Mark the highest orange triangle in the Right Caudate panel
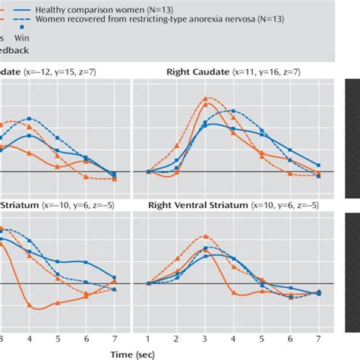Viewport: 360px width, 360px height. (205, 98)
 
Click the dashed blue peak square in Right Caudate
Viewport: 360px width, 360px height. (233, 112)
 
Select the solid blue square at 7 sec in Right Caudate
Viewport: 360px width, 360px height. (319, 165)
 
